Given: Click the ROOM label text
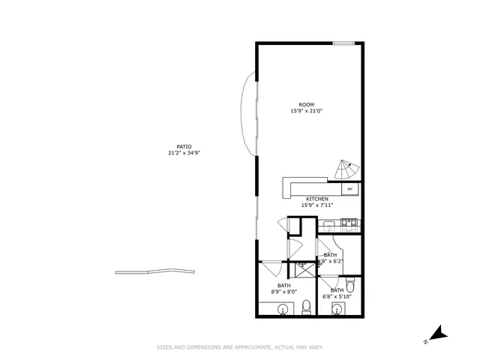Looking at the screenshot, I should (306, 104).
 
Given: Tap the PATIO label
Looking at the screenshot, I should (184, 146).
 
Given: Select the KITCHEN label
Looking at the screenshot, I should (316, 199).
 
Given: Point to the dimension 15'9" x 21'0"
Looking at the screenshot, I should (306, 111).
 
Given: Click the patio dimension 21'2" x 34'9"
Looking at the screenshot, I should (184, 152).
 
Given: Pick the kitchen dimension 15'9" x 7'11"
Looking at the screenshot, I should (316, 205).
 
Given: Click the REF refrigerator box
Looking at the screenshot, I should (349, 190).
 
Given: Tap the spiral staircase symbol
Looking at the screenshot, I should (346, 170).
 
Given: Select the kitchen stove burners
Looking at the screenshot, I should (349, 222).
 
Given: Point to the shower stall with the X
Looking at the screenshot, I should (304, 265).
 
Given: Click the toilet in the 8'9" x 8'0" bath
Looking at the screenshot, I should (306, 307).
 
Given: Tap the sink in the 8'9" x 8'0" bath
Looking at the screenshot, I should (283, 309).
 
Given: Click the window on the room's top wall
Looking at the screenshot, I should (343, 43).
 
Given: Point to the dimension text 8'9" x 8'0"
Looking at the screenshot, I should (284, 291).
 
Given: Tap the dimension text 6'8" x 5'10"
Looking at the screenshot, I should (337, 296).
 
